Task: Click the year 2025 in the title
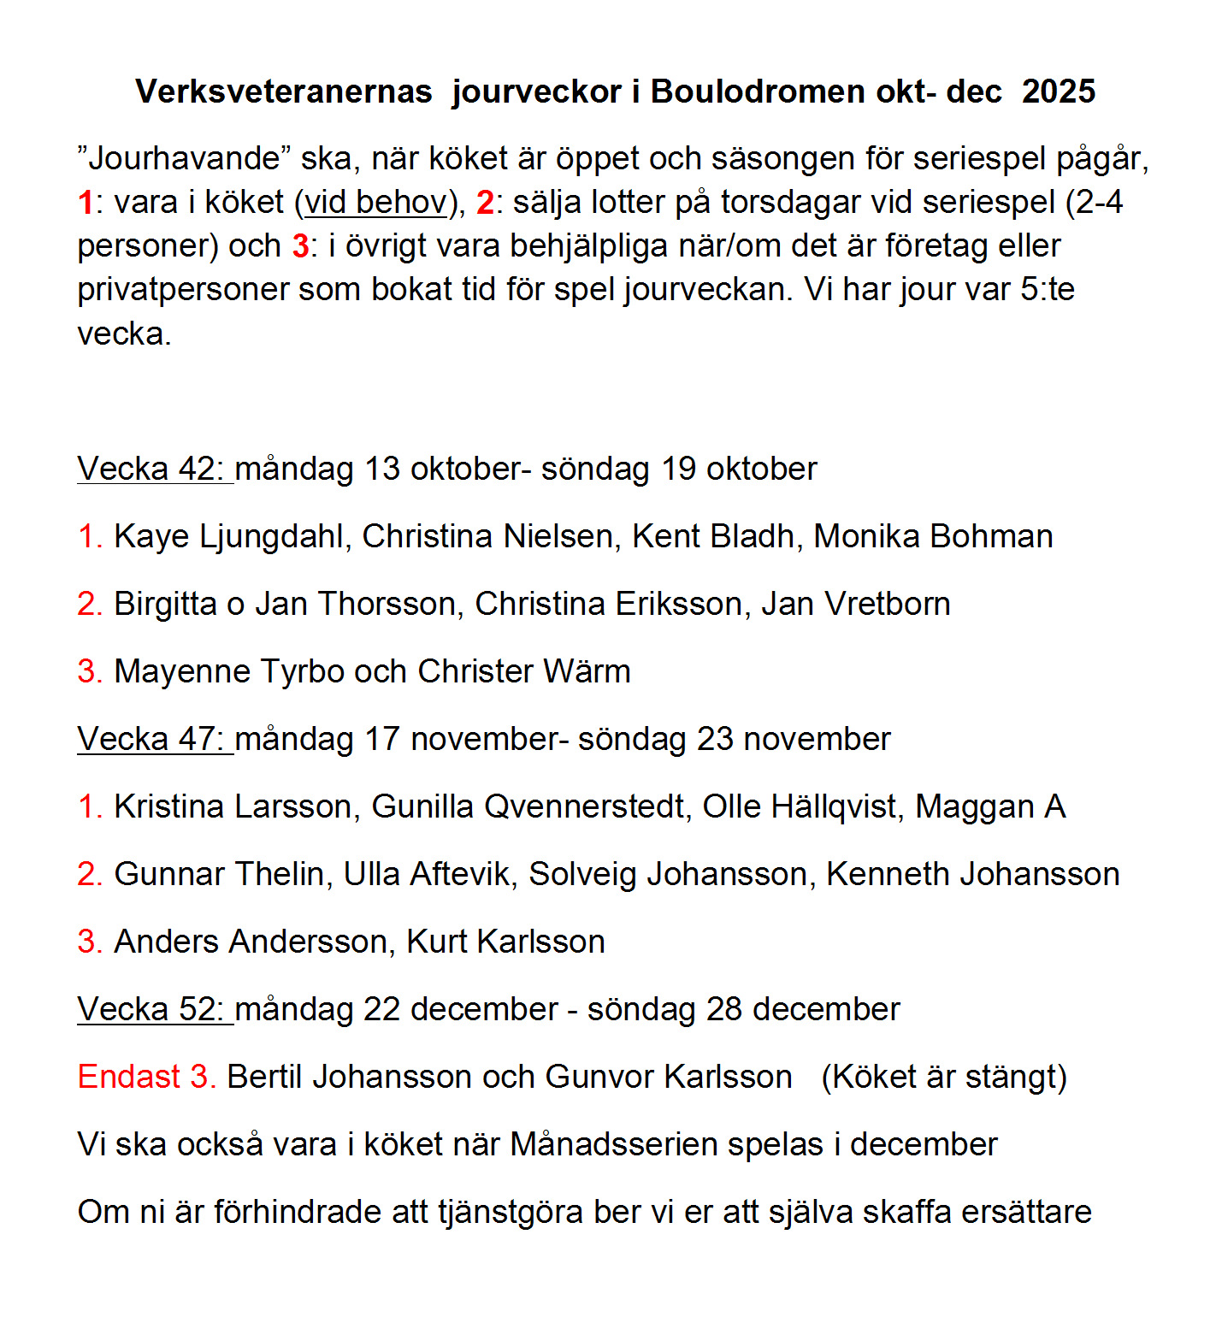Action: (1058, 92)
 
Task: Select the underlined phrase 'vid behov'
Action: (376, 203)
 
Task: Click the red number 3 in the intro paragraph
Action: (300, 246)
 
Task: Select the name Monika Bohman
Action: (933, 536)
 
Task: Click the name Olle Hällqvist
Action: (800, 806)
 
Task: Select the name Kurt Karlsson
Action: (505, 942)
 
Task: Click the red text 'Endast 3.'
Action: (146, 1077)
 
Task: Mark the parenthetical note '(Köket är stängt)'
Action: (944, 1077)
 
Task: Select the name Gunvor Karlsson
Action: (669, 1077)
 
